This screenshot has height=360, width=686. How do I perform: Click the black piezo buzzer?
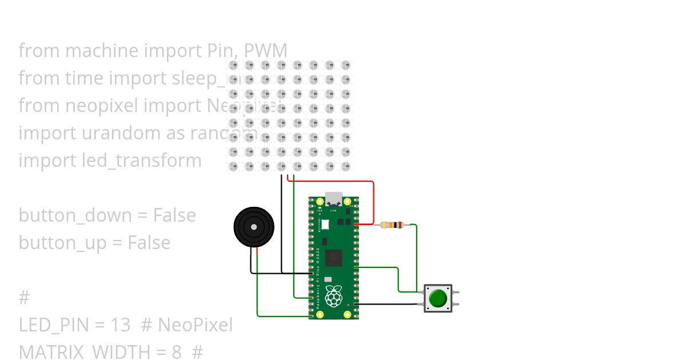click(254, 227)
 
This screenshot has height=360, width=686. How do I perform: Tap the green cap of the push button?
click(438, 298)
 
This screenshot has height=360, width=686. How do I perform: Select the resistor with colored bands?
click(392, 225)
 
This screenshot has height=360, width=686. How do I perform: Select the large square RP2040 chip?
click(333, 258)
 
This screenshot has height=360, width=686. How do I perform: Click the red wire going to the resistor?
click(373, 200)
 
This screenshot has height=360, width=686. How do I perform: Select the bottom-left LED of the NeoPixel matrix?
click(233, 166)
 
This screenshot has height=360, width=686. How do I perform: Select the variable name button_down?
click(75, 215)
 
